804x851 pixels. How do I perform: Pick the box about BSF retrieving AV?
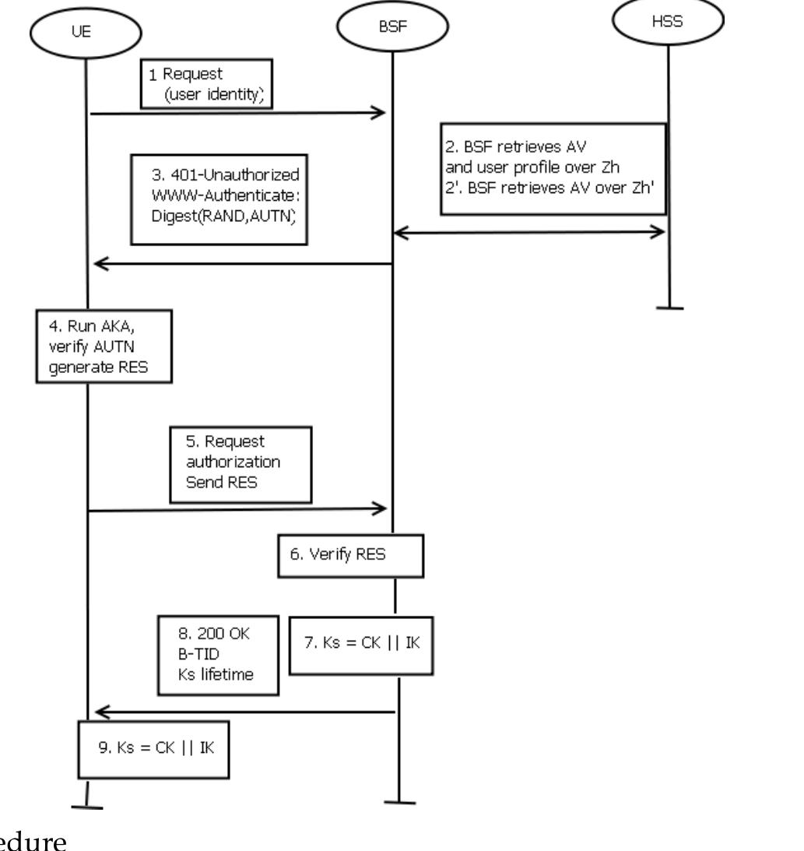(553, 167)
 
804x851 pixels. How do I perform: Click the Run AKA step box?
(102, 346)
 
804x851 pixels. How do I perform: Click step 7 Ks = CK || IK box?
(361, 645)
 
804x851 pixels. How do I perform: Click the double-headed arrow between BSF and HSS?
(529, 232)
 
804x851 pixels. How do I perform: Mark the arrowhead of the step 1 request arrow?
(380, 114)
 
